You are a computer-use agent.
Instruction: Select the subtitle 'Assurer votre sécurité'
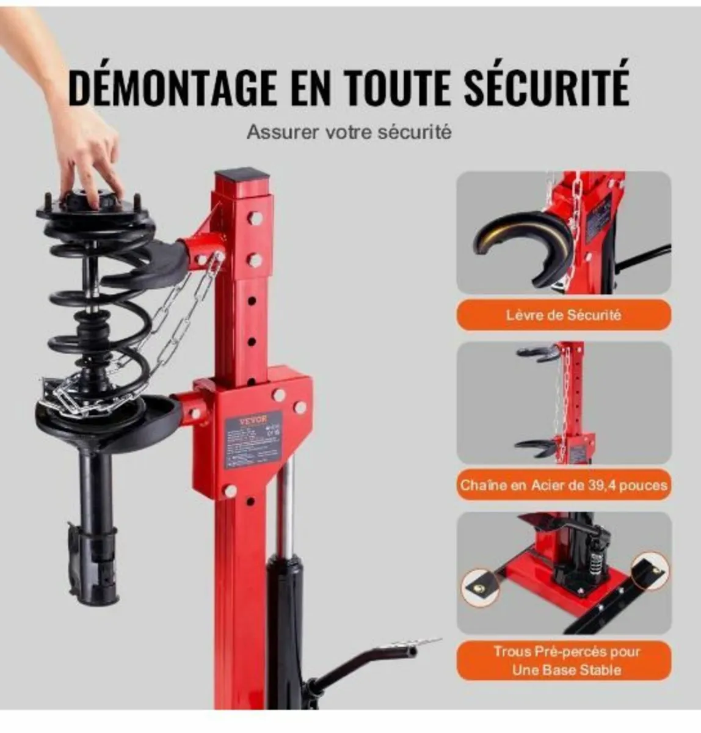pos(349,132)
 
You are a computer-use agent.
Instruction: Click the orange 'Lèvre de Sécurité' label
pos(563,315)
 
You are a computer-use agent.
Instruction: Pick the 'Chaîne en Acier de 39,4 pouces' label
pos(563,486)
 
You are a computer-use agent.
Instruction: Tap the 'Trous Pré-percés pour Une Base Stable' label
pos(563,660)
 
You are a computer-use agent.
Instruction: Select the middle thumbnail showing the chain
pos(563,403)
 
